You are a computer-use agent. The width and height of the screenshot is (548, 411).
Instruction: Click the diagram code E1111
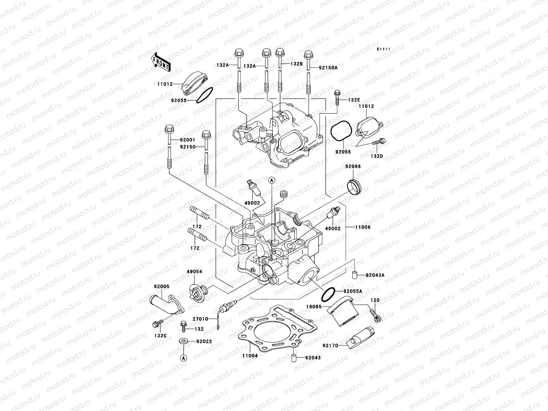pyautogui.click(x=384, y=50)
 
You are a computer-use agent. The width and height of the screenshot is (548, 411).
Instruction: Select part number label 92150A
pyautogui.click(x=328, y=68)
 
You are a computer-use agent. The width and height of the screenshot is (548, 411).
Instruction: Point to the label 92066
pyautogui.click(x=353, y=166)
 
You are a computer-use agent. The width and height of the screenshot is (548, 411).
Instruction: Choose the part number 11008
pyautogui.click(x=363, y=227)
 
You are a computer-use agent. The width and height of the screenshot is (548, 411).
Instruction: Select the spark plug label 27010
pyautogui.click(x=200, y=319)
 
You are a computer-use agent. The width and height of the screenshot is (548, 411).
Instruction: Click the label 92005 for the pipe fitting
pyautogui.click(x=161, y=286)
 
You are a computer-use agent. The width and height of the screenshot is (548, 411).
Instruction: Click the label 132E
pyautogui.click(x=354, y=100)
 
